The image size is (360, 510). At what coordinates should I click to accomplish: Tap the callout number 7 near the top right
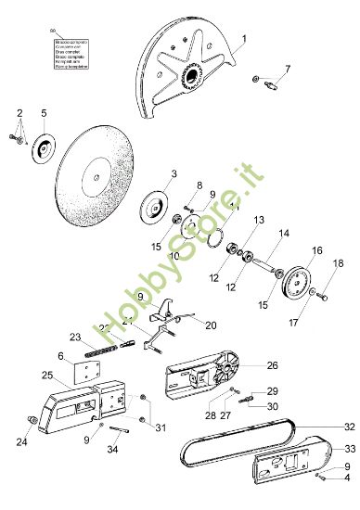(x=287, y=69)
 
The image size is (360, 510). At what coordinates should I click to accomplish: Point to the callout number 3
(x=174, y=173)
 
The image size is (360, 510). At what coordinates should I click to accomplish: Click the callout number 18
(x=338, y=263)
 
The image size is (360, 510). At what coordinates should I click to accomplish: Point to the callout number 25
(x=46, y=375)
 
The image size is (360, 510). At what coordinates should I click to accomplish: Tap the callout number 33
(x=350, y=447)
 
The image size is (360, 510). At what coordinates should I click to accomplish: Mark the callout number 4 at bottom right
(x=347, y=478)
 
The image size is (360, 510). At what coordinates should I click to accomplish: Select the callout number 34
(x=113, y=451)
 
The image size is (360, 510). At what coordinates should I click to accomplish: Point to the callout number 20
(x=211, y=325)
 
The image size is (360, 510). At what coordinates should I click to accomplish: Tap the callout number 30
(x=273, y=406)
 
